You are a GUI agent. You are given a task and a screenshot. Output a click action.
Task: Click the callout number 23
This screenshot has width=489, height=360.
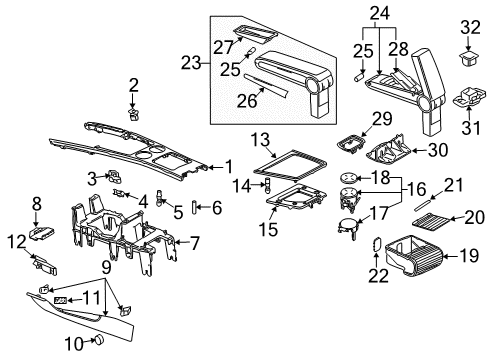(x=191, y=63)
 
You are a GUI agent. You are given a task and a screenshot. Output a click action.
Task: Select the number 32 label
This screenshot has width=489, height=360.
(x=470, y=27)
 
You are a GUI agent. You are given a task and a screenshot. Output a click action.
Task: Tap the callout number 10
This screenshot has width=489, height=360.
(x=74, y=343)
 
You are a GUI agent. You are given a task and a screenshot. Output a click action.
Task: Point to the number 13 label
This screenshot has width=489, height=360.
(x=260, y=140)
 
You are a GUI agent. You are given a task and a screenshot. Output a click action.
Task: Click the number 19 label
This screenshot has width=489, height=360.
(x=469, y=256)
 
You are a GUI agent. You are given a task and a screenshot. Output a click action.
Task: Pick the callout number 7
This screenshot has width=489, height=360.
(x=194, y=243)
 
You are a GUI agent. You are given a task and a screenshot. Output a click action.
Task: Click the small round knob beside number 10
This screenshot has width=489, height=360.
(x=99, y=340)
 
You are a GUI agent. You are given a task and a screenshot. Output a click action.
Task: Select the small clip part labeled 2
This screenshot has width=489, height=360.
(x=133, y=114)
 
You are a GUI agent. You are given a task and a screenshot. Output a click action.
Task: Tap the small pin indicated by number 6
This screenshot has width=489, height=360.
(x=193, y=208)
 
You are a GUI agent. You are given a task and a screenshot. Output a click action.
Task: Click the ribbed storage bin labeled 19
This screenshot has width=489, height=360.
(x=414, y=256)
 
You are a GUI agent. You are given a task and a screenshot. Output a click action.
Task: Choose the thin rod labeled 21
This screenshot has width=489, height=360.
(x=424, y=205)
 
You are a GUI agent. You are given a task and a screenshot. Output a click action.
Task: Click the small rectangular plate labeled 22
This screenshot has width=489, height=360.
(x=376, y=245)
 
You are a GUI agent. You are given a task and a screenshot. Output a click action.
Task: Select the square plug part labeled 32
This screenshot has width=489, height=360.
(x=469, y=57)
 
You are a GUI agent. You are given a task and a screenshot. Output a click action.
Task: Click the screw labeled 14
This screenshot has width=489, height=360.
(x=267, y=186)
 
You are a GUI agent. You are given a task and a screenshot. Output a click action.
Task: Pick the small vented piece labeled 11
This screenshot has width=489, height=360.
(x=60, y=300)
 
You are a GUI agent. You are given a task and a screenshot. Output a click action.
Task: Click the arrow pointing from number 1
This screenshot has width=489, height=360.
(x=216, y=167)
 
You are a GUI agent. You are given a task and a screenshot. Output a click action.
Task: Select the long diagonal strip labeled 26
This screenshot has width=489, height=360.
(x=266, y=86)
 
